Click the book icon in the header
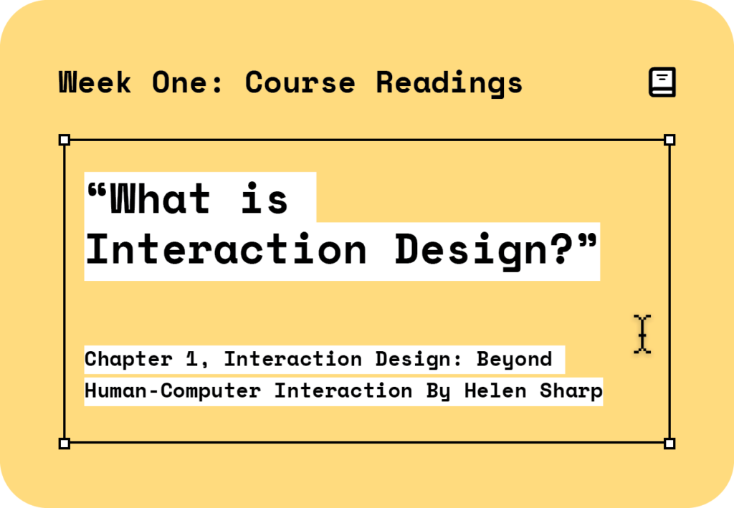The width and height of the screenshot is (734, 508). coord(662,82)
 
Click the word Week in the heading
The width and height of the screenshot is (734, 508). coord(95,82)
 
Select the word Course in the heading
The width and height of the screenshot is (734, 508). coord(300,82)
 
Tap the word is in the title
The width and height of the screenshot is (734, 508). coord(264,198)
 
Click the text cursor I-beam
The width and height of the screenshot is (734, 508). coord(642,334)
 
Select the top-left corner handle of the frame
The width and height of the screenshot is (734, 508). coord(64,140)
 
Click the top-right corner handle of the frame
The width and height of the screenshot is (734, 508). coord(669,140)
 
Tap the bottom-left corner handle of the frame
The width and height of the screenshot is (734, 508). coord(64,444)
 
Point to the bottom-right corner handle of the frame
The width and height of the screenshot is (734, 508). coord(669,444)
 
